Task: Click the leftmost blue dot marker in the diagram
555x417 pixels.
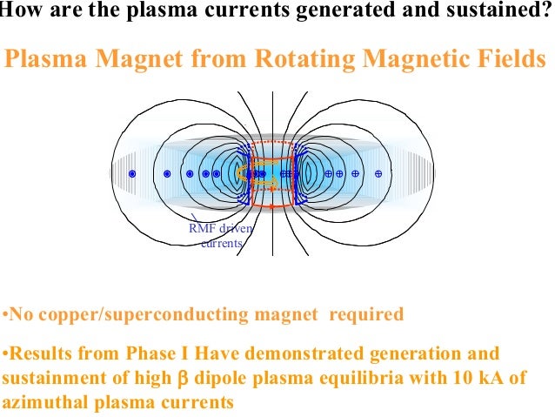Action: tap(132, 174)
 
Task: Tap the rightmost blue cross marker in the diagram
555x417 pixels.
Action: tap(378, 174)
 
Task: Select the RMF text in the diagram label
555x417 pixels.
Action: tap(203, 229)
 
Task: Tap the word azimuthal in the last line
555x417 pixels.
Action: tap(43, 403)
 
